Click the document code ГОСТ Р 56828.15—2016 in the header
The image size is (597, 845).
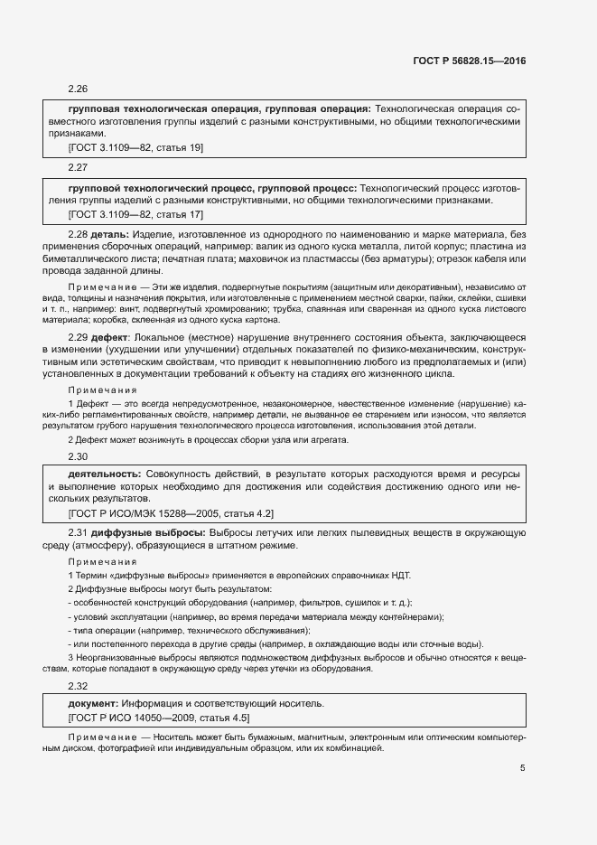point(470,61)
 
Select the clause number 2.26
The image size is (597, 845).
point(78,89)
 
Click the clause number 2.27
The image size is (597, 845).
point(78,167)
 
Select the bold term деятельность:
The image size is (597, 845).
point(104,474)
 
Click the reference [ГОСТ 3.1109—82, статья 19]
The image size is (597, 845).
point(135,146)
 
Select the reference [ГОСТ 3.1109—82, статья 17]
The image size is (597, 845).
point(135,214)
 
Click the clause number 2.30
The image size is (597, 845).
point(78,456)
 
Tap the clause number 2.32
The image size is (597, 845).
point(78,687)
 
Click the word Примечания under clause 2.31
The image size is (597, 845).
point(103,561)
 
